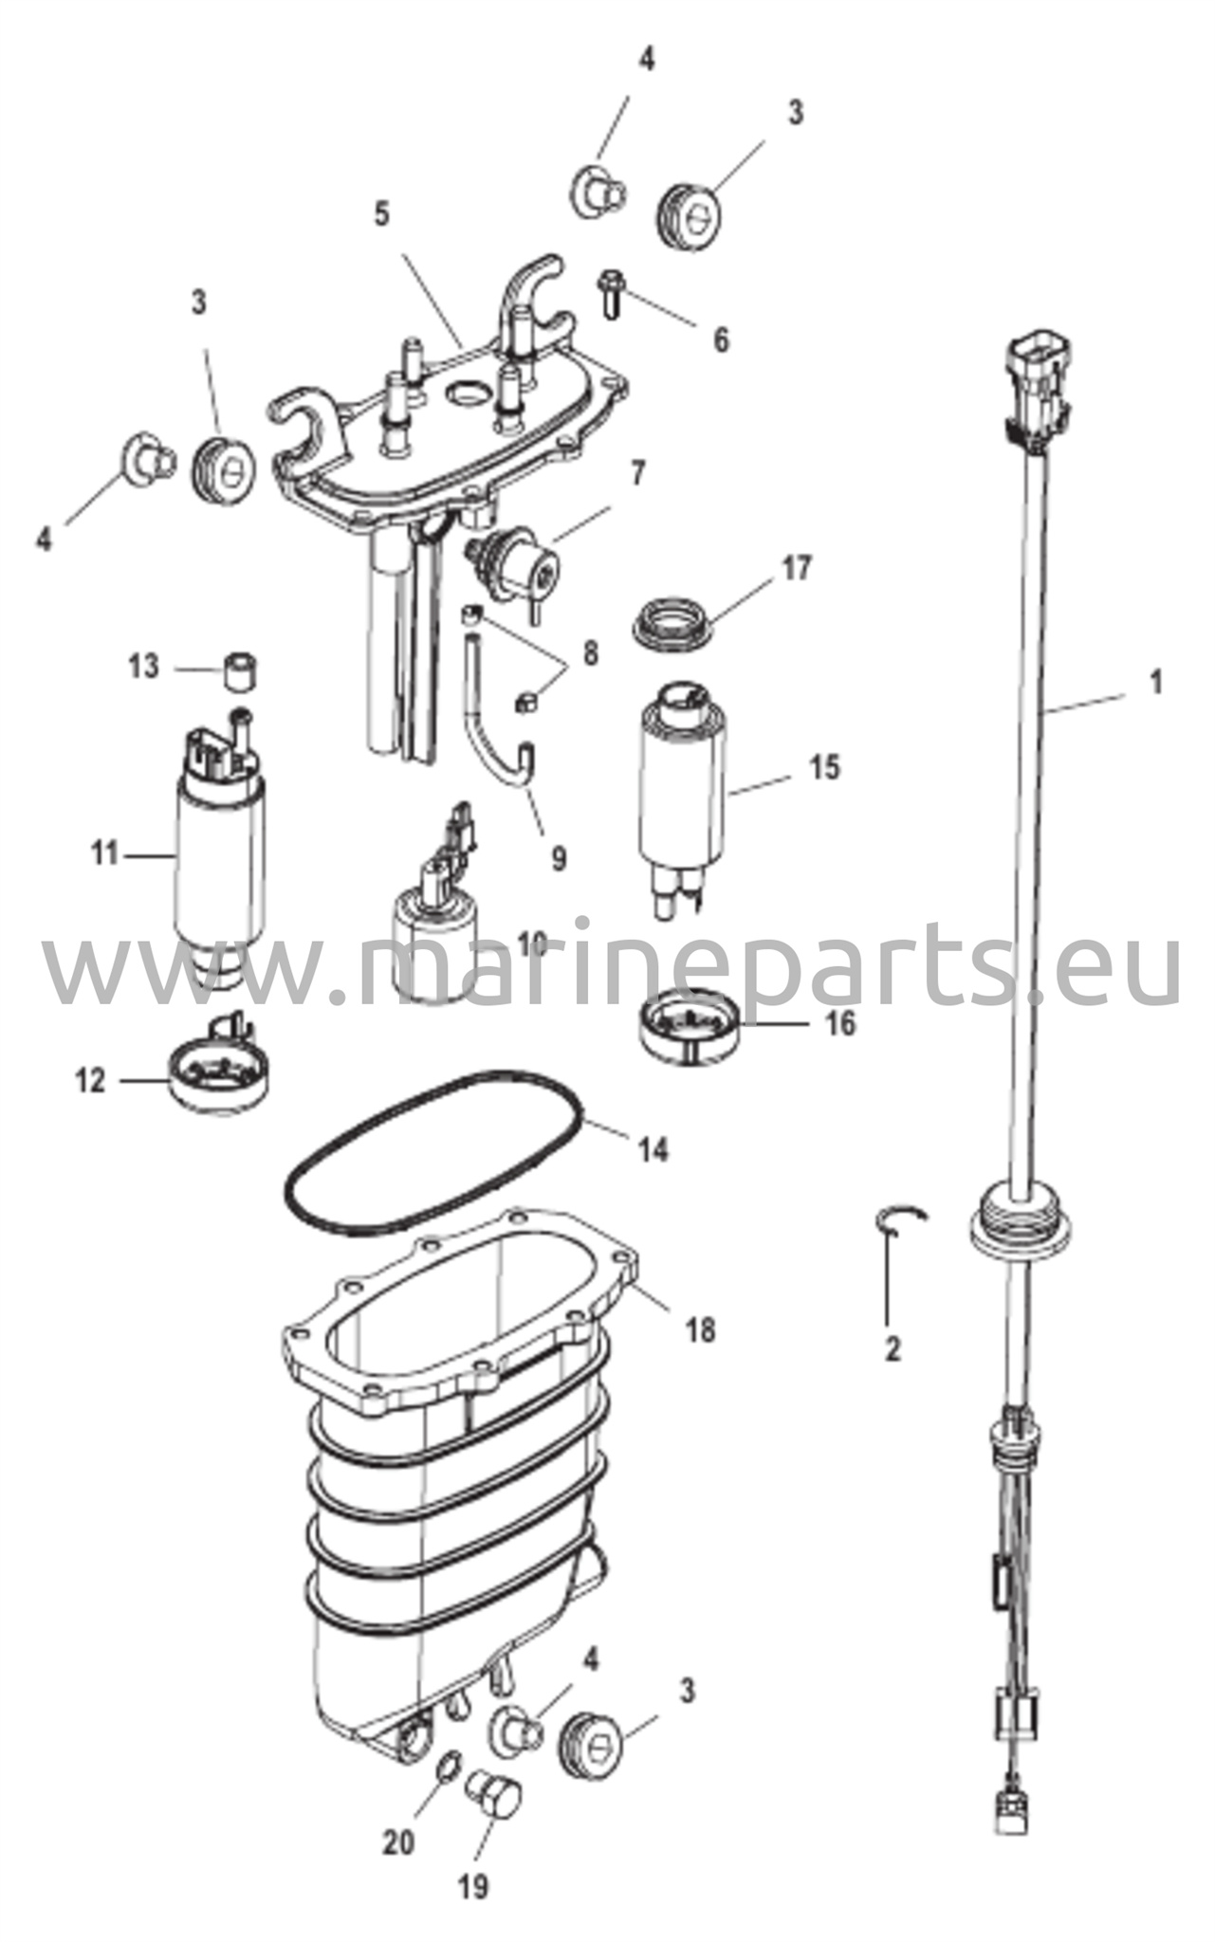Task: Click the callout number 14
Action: [654, 1150]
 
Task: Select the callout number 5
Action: [381, 213]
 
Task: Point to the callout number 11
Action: [105, 854]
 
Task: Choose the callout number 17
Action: [797, 568]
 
